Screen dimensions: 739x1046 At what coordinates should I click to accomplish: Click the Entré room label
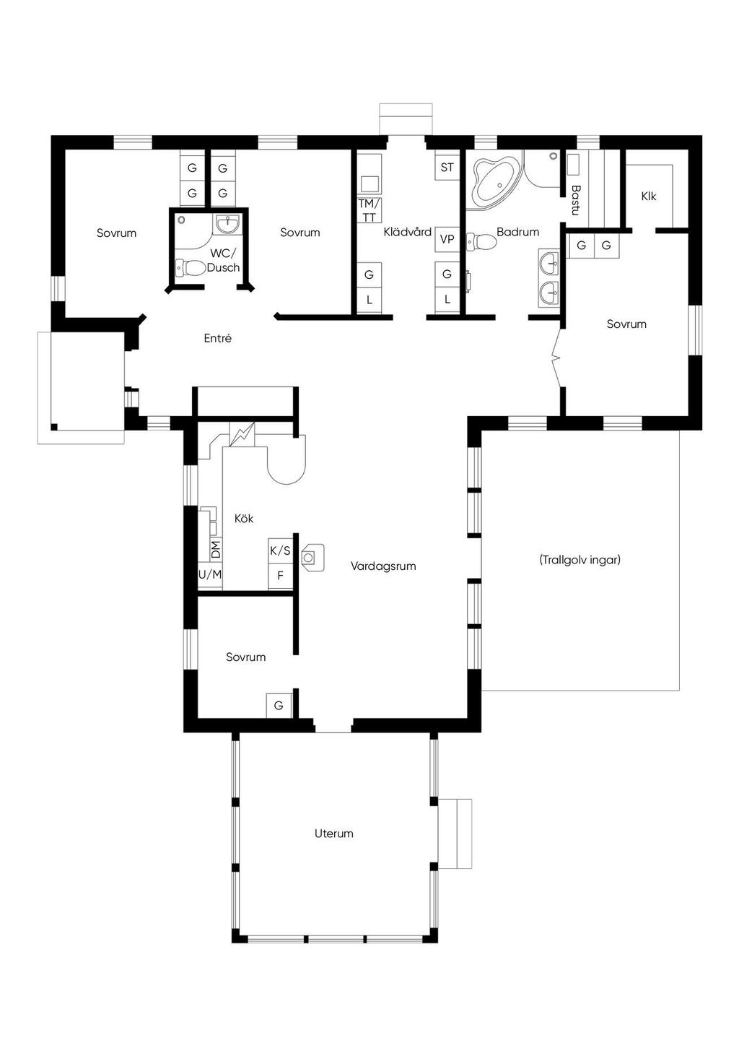point(217,338)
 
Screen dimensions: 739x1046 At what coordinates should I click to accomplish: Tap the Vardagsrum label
point(383,566)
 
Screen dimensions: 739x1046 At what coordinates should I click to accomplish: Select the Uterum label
point(333,833)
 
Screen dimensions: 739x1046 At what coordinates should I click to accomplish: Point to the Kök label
point(244,519)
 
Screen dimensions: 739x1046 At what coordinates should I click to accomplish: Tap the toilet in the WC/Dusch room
point(191,268)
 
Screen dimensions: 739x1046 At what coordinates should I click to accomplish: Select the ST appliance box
point(447,167)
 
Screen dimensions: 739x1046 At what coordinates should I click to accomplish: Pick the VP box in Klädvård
point(447,240)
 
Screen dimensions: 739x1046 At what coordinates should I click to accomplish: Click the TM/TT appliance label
point(369,211)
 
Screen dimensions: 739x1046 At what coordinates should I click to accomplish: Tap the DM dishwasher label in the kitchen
point(216,549)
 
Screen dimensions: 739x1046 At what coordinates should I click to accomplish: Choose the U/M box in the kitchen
point(210,575)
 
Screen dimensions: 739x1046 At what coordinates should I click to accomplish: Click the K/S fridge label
point(280,551)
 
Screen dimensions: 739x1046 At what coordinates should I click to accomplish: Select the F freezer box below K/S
point(280,576)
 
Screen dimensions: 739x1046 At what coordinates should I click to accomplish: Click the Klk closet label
point(649,196)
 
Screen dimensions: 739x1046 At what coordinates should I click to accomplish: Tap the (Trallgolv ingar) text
point(580,559)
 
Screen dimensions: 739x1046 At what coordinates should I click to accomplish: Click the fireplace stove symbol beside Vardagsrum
point(312,557)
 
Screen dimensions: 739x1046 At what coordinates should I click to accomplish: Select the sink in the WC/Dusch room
point(227,223)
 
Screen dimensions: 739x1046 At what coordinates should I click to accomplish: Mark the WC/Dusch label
point(223,261)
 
